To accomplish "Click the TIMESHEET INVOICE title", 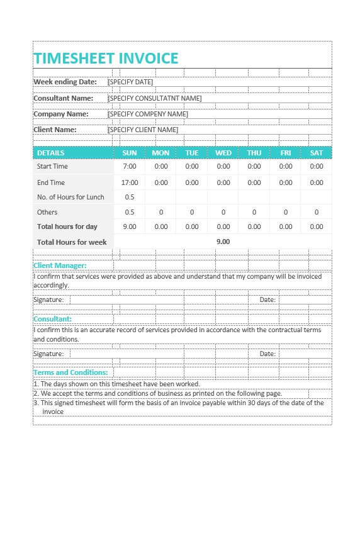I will (106, 59).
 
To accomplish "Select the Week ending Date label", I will (65, 82).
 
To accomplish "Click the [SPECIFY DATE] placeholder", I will (130, 82).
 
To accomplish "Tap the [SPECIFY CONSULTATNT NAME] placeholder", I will (155, 98).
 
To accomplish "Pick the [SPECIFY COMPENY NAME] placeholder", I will (148, 114).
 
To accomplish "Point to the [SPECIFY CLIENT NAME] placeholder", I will (143, 130).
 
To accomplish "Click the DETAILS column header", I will (50, 153).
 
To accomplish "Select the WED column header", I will (223, 153).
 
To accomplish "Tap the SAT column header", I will (317, 153).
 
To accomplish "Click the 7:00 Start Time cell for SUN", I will (130, 167).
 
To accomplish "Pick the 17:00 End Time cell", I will (130, 182).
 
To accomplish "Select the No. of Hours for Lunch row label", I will (70, 197).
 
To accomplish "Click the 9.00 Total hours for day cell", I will (130, 226).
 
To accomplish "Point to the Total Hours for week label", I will (72, 242).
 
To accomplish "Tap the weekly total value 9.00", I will (223, 242).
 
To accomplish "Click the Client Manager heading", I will (60, 265).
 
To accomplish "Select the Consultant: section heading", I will (52, 319).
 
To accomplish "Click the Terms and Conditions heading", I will (70, 372).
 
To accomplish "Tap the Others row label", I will (47, 212).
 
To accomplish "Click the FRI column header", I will (286, 153).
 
